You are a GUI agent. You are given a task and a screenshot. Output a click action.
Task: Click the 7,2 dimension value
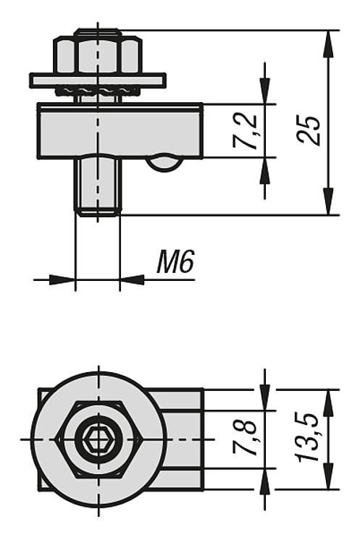[x=246, y=131]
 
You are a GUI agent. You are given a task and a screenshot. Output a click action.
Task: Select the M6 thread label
[x=175, y=261]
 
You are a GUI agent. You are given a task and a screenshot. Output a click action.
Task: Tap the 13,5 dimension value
[x=308, y=437]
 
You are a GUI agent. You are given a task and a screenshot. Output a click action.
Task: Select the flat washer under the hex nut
[x=98, y=80]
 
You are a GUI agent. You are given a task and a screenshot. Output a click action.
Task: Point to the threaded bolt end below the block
[x=98, y=187]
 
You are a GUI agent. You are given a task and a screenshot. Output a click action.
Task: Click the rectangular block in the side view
[x=120, y=131]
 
